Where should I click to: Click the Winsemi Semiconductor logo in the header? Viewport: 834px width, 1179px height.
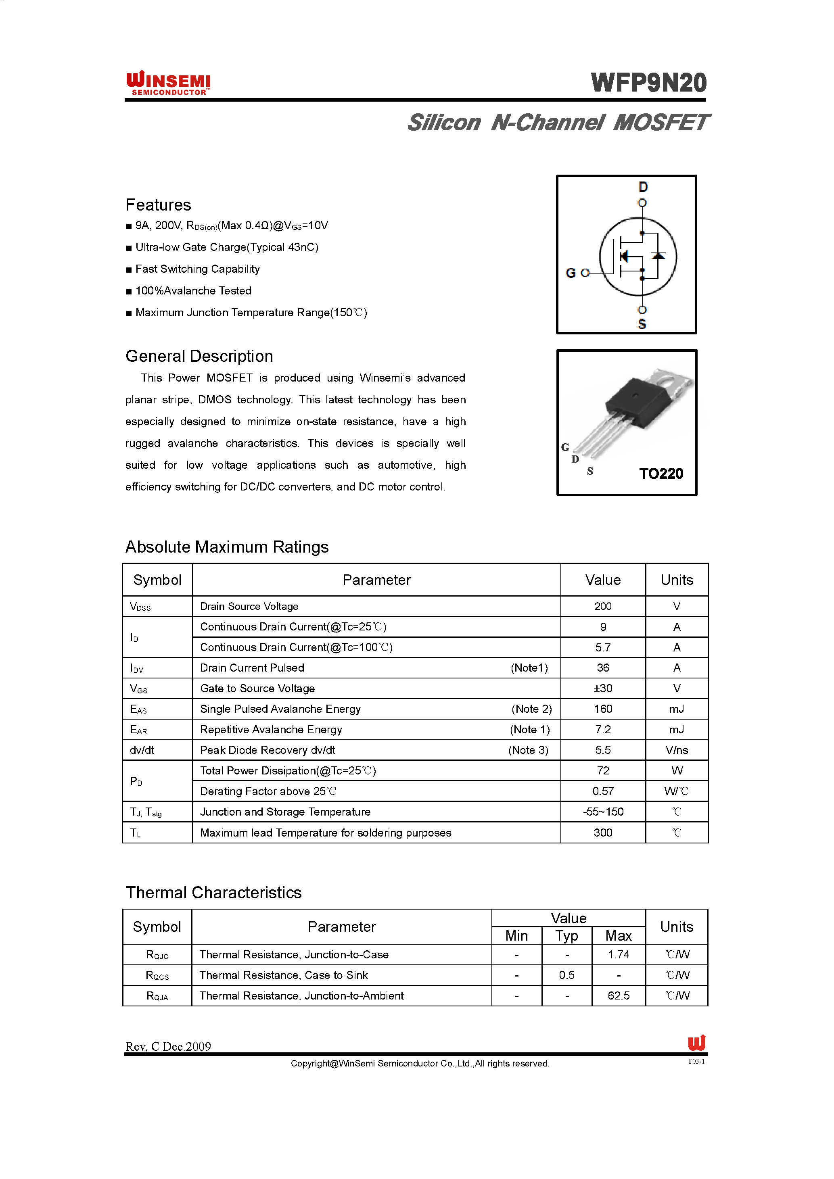168,83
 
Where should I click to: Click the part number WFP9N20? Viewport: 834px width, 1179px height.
649,83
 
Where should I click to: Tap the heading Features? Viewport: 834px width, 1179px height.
158,205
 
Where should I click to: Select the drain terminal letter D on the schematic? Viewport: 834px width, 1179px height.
643,187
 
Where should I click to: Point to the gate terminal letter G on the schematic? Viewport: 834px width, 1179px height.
571,273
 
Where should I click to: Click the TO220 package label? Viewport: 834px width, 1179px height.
661,474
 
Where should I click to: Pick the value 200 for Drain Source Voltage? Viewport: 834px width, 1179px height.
603,607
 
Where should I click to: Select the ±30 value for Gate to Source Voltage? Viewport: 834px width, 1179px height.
603,689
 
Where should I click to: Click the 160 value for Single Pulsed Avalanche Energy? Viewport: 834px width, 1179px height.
603,709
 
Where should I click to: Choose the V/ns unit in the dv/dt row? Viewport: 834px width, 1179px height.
676,750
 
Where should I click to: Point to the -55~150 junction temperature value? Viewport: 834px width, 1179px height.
603,812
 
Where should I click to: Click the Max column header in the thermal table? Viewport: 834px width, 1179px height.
618,936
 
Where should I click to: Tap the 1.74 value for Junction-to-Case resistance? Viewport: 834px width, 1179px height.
618,955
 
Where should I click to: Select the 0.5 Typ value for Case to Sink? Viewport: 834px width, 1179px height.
566,975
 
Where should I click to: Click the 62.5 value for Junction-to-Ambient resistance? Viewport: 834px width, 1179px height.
618,996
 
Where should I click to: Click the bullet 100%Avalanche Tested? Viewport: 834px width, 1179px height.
193,291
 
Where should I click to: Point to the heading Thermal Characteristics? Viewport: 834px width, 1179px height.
213,893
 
